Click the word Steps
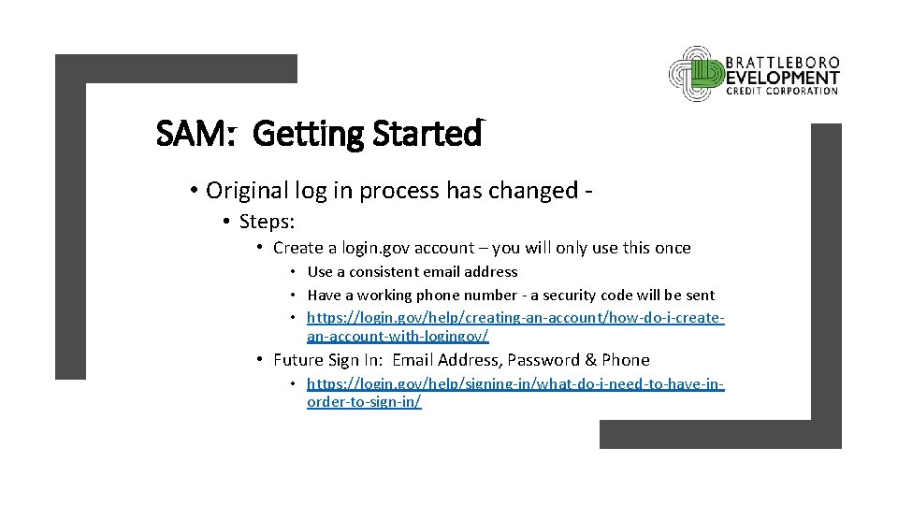267,222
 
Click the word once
670,248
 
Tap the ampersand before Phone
590,360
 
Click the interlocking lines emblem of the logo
696,74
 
